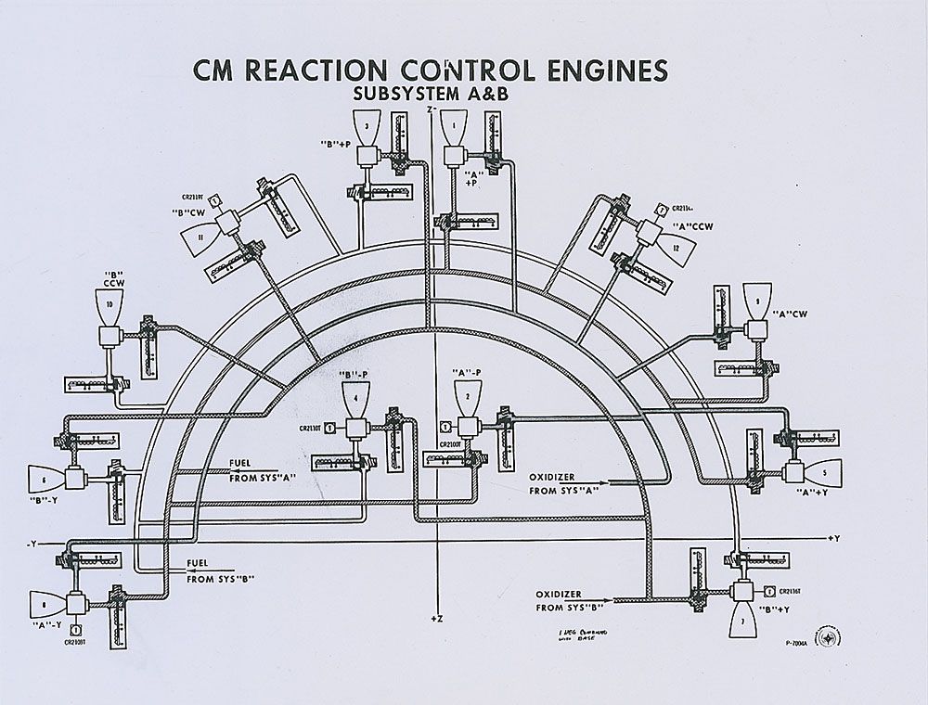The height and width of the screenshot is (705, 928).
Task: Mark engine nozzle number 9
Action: pyautogui.click(x=757, y=301)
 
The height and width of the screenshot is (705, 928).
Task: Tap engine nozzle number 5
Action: pyautogui.click(x=823, y=472)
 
